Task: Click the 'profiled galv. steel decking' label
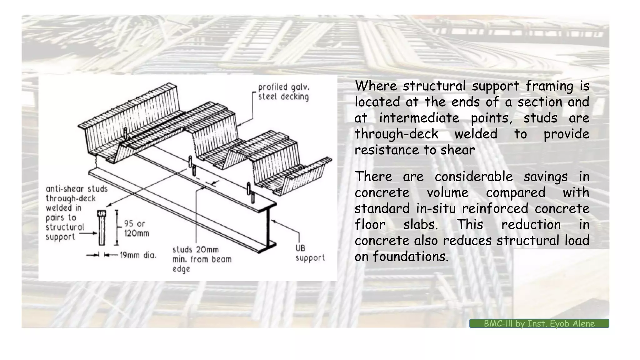pyautogui.click(x=283, y=92)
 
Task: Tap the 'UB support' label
pyautogui.click(x=310, y=253)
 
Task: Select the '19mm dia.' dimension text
pyautogui.click(x=138, y=255)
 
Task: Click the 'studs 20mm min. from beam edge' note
pyautogui.click(x=202, y=259)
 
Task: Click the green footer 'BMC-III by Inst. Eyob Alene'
pyautogui.click(x=539, y=323)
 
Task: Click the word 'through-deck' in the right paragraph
pyautogui.click(x=396, y=134)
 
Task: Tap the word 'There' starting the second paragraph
pyautogui.click(x=373, y=177)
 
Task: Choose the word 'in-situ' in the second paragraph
pyautogui.click(x=436, y=208)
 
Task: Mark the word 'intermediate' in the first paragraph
pyautogui.click(x=419, y=118)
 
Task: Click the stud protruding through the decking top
pyautogui.click(x=125, y=133)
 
